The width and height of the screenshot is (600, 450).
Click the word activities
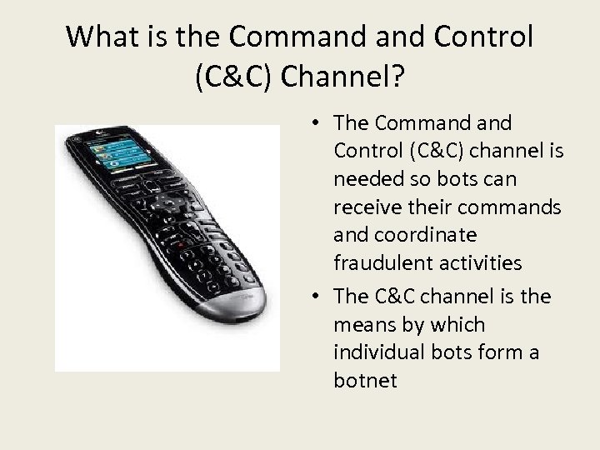pyautogui.click(x=477, y=263)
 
